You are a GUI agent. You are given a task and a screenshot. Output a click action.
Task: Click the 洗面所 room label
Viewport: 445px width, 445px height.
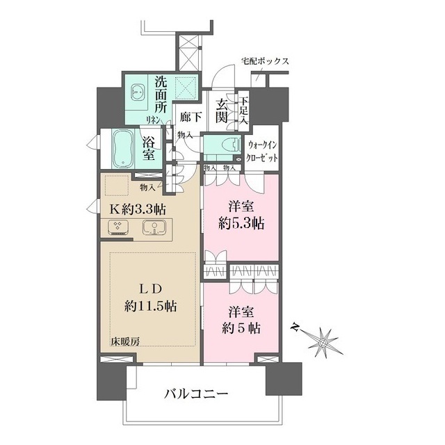point(161,97)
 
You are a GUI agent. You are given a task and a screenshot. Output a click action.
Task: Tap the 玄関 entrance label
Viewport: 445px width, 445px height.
point(222,111)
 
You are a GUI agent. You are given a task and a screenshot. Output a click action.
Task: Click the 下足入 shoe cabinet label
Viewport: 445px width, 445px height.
point(244,110)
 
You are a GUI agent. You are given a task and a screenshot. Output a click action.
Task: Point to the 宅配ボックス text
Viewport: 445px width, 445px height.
point(265,61)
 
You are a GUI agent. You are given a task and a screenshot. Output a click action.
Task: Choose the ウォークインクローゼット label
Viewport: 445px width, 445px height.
point(263,152)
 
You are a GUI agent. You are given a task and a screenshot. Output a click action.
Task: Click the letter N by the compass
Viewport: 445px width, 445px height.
point(297,327)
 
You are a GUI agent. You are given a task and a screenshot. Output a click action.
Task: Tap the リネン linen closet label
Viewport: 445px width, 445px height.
point(153,120)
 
